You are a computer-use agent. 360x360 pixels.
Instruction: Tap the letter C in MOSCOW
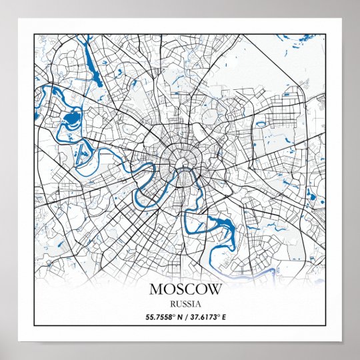pyautogui.click(x=185, y=290)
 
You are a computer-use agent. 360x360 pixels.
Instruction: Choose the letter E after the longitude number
pyautogui.click(x=224, y=317)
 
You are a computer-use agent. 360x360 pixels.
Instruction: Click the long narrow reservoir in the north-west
pyautogui.click(x=92, y=67)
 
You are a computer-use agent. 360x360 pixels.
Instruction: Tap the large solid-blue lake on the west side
pyautogui.click(x=71, y=121)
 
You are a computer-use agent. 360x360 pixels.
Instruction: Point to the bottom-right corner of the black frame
pyautogui.click(x=326, y=326)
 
